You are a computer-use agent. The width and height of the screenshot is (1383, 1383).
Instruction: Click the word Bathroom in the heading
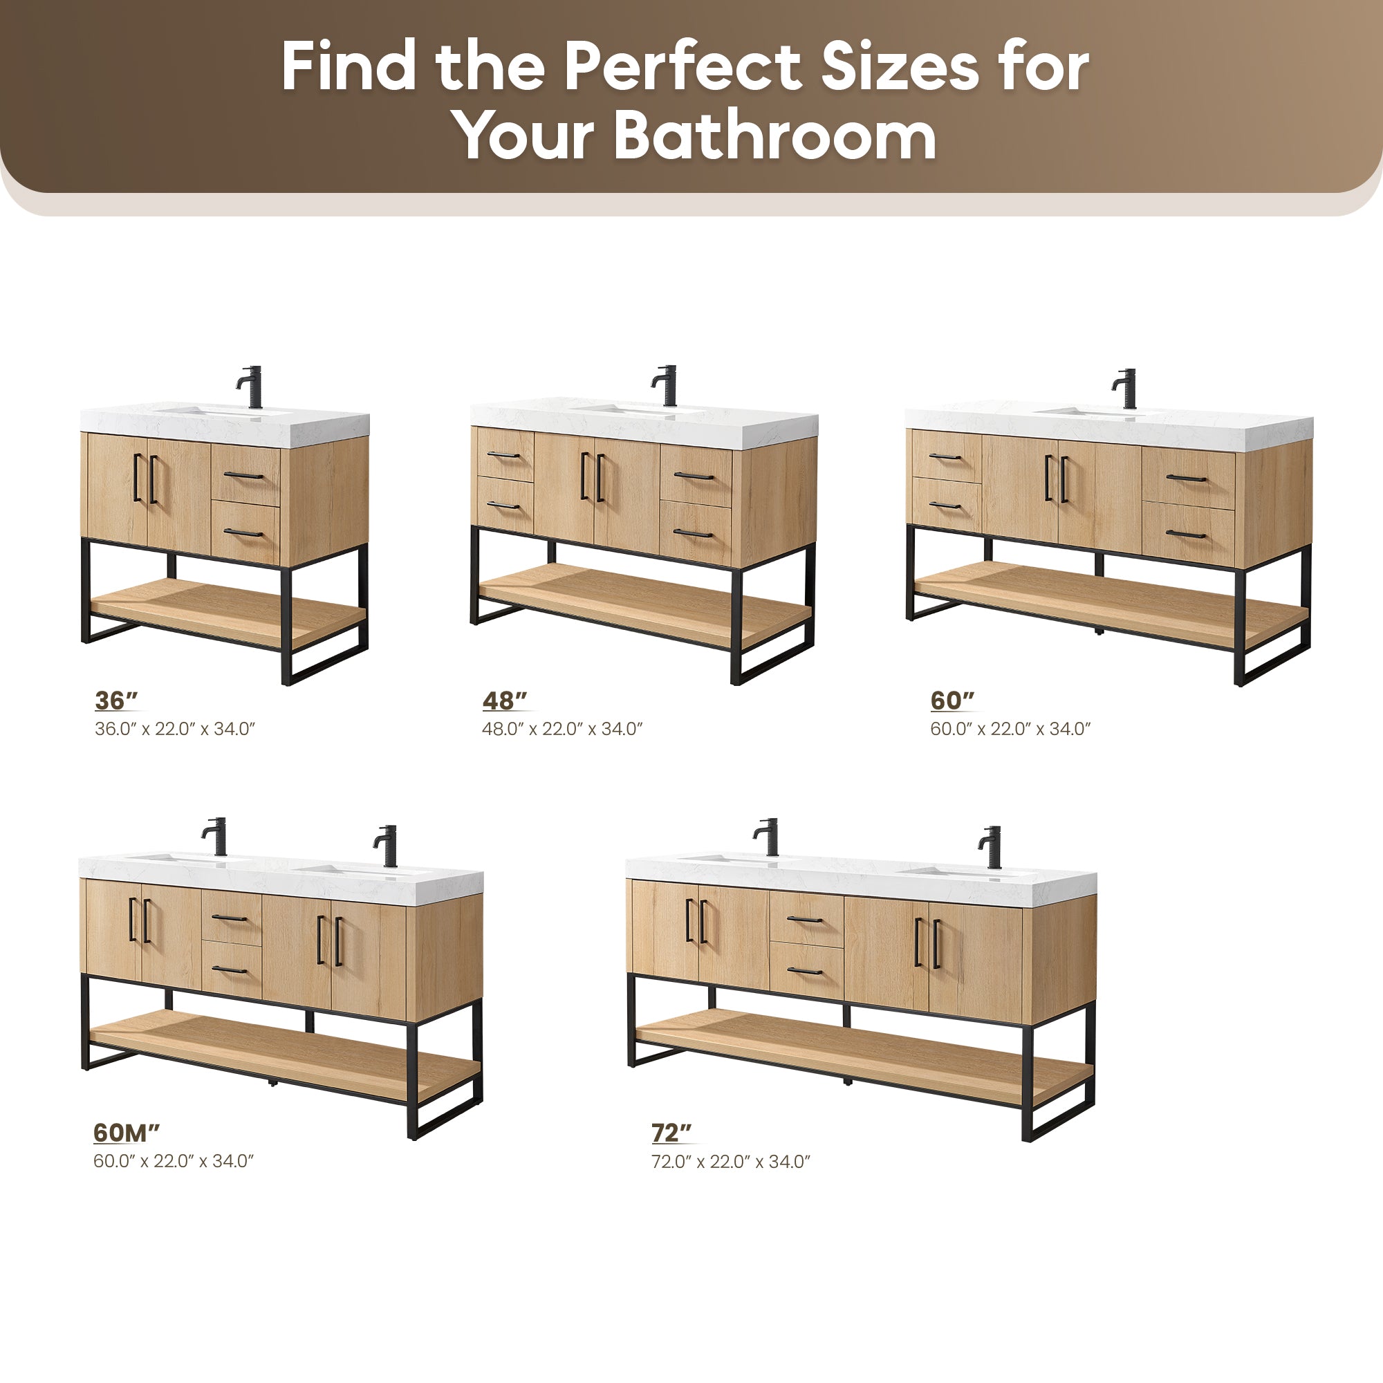775,136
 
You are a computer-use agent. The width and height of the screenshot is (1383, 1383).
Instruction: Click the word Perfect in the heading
683,66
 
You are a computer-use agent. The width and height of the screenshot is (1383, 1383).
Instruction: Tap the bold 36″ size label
116,700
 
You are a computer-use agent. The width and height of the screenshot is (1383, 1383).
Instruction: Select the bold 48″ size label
505,700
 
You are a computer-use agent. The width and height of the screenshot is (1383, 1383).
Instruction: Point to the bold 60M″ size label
127,1133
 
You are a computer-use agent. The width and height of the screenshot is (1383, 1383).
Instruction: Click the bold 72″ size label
671,1133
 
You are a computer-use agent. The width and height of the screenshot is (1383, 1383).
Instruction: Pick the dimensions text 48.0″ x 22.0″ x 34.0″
563,729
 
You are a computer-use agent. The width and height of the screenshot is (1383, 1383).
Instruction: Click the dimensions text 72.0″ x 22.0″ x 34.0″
731,1161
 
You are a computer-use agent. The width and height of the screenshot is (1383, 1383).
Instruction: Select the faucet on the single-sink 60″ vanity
1124,389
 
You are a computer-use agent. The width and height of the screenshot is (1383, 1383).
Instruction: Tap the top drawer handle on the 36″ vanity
244,474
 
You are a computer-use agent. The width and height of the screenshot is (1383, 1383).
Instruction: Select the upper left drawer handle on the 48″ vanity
503,454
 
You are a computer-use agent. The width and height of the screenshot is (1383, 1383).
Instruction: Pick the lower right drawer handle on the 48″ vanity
693,533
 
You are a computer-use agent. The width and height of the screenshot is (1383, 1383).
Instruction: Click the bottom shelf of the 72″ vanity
864,1055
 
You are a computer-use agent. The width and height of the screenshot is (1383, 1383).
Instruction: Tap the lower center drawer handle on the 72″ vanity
806,971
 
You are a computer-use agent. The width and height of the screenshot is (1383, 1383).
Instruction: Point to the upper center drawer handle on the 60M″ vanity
229,918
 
